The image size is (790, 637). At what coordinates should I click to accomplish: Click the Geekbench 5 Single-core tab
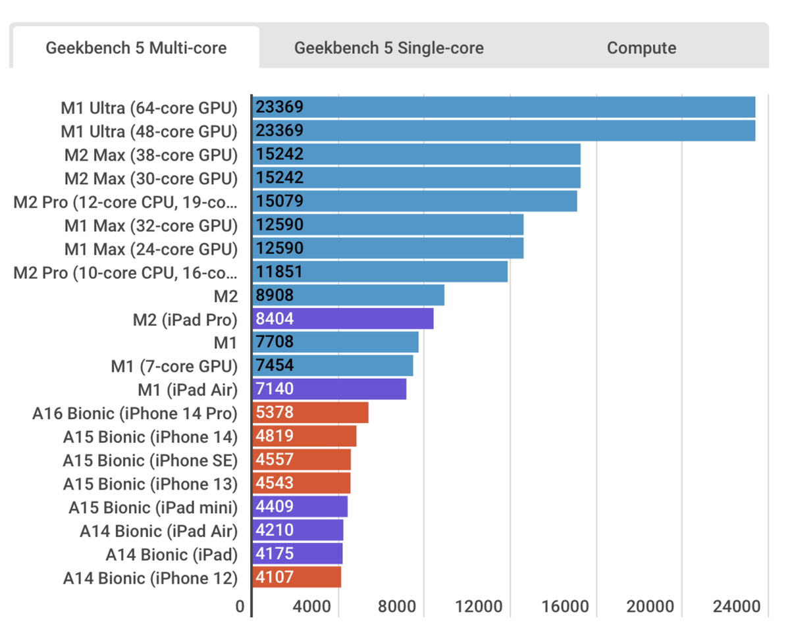pyautogui.click(x=388, y=48)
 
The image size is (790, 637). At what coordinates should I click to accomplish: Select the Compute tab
pyautogui.click(x=641, y=48)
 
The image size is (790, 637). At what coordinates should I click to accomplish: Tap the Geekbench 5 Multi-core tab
pyautogui.click(x=136, y=48)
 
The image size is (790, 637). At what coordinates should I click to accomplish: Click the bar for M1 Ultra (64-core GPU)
pyautogui.click(x=504, y=107)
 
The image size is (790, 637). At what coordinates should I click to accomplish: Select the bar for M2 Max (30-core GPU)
pyautogui.click(x=416, y=178)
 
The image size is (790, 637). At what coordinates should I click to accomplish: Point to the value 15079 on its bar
pyautogui.click(x=280, y=201)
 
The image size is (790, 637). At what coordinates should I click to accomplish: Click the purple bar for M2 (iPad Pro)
pyautogui.click(x=343, y=319)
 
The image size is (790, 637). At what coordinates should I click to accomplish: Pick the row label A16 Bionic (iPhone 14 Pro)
pyautogui.click(x=134, y=413)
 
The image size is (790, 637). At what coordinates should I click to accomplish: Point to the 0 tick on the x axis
pyautogui.click(x=240, y=606)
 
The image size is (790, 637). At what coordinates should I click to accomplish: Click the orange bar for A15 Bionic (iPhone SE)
pyautogui.click(x=302, y=460)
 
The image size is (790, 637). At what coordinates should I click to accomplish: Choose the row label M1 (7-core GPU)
pyautogui.click(x=174, y=366)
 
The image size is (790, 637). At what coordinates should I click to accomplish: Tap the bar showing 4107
pyautogui.click(x=297, y=578)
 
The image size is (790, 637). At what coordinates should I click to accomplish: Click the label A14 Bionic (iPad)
pyautogui.click(x=171, y=554)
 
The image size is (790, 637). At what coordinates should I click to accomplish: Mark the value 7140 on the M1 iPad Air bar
pyautogui.click(x=276, y=390)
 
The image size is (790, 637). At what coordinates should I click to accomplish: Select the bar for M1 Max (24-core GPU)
pyautogui.click(x=388, y=249)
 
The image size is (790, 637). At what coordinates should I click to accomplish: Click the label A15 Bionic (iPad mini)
pyautogui.click(x=153, y=507)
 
